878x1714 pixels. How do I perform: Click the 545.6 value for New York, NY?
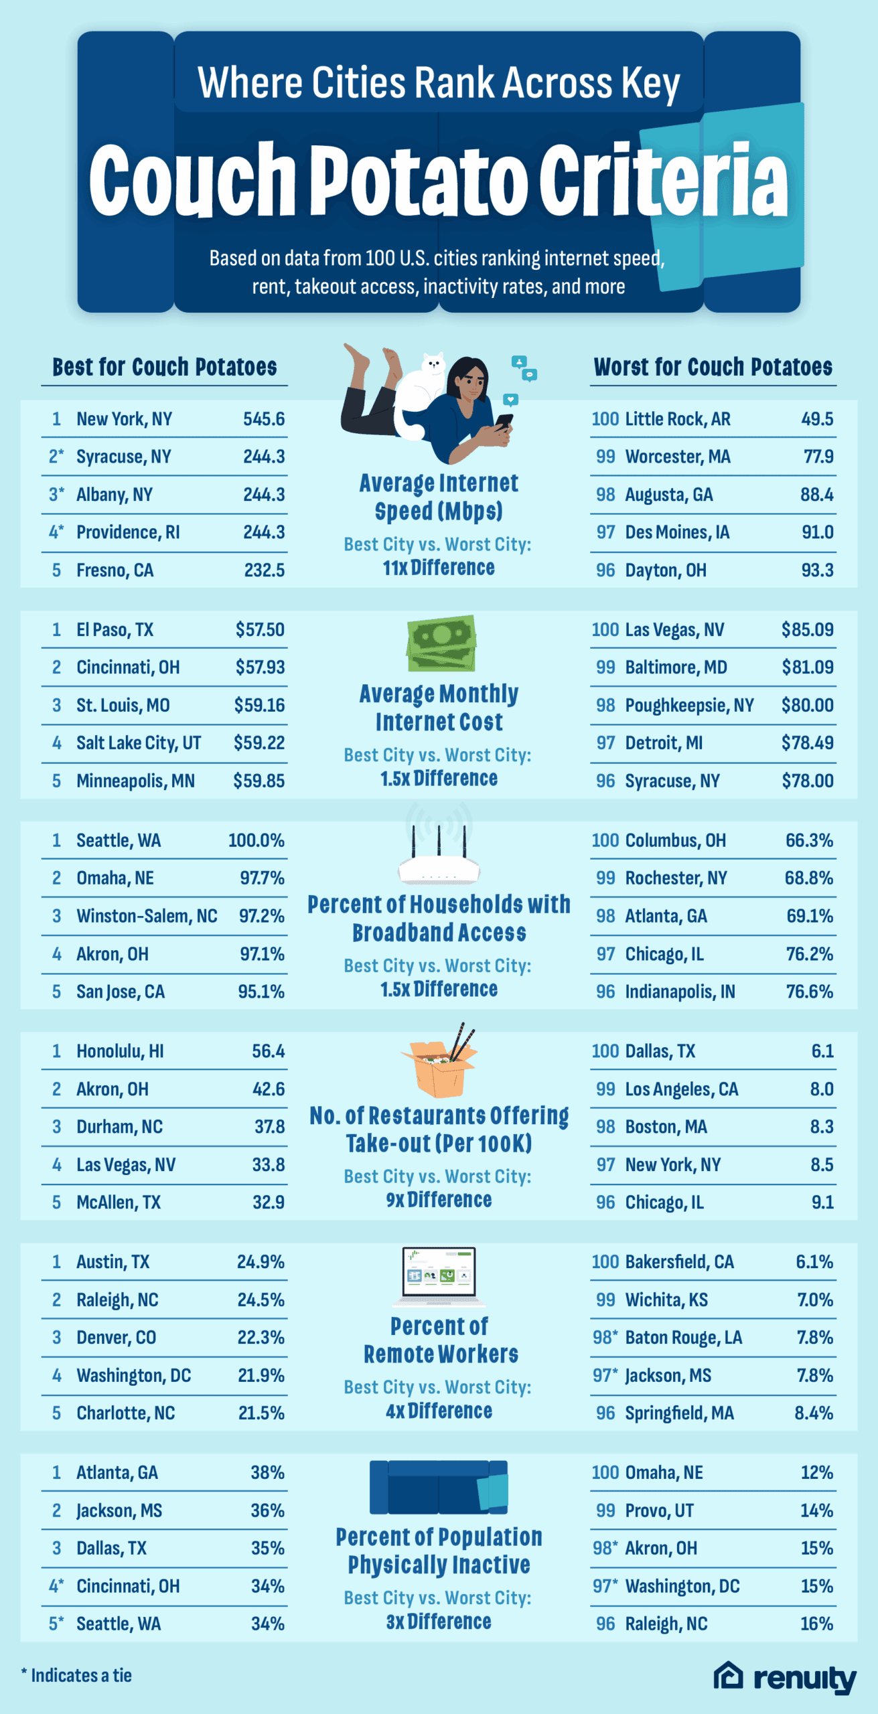[263, 419]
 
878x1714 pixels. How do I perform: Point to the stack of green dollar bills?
[441, 643]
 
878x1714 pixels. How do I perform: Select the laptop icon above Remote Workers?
[439, 1275]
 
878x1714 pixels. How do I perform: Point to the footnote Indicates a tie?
[76, 1675]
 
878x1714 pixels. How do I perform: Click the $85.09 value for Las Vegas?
[807, 630]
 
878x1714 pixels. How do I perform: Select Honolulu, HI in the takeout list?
[120, 1051]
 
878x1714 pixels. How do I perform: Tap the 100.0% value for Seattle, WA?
[256, 840]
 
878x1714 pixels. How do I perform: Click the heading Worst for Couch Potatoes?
[713, 367]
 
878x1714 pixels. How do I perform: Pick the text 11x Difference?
[439, 568]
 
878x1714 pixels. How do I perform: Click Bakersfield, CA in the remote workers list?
[679, 1262]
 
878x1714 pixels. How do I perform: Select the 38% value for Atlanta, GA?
[267, 1473]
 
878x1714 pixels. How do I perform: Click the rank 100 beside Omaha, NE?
[605, 1473]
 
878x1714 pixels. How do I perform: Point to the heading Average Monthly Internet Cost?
[439, 708]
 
